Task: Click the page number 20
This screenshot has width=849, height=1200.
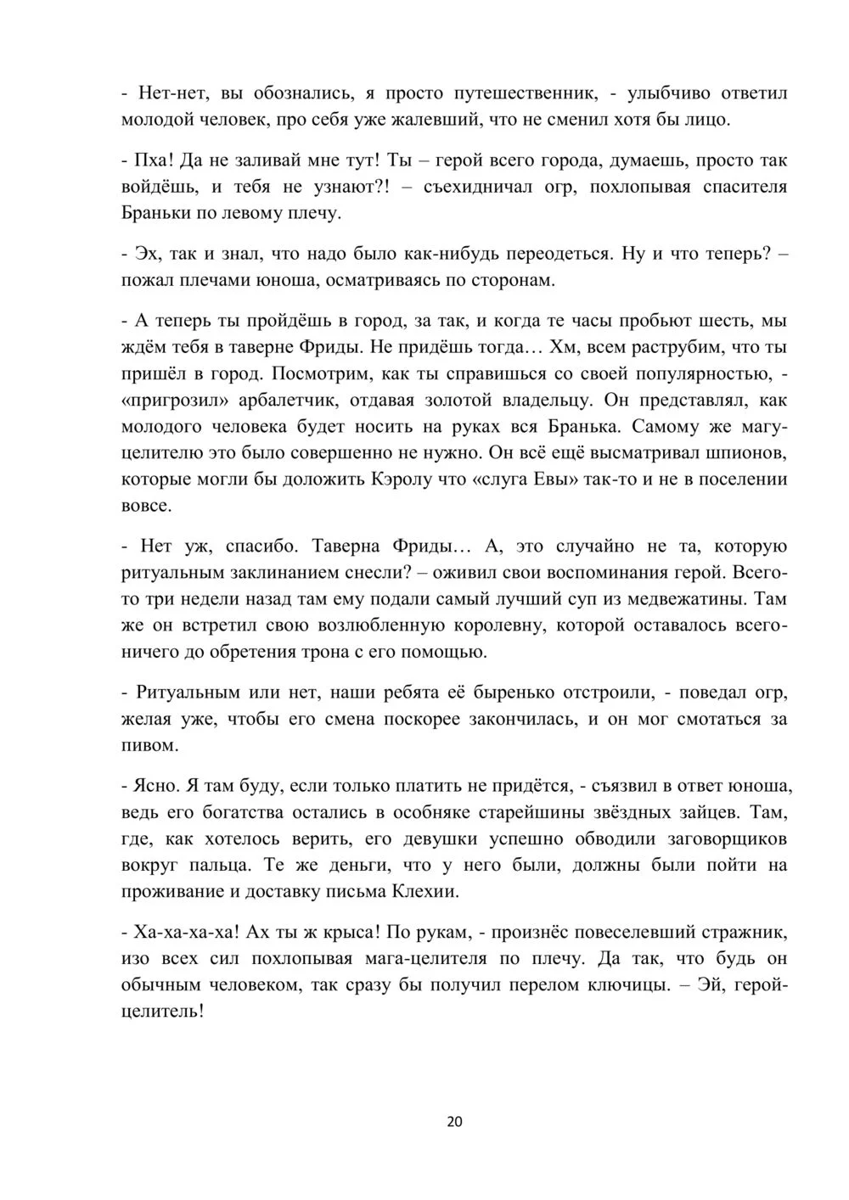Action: (x=454, y=1121)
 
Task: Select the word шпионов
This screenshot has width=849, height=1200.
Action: (x=746, y=452)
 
